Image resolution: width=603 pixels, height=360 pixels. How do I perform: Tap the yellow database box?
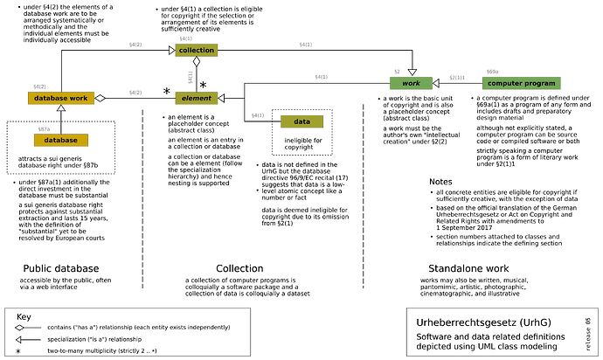(61, 140)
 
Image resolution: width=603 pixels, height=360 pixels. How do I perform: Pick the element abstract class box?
(196, 98)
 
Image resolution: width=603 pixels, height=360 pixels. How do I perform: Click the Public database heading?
(62, 267)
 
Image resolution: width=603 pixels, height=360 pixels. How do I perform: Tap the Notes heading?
(441, 181)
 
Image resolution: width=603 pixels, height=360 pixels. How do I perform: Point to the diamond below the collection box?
(198, 63)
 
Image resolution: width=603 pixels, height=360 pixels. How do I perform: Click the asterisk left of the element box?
(165, 90)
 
